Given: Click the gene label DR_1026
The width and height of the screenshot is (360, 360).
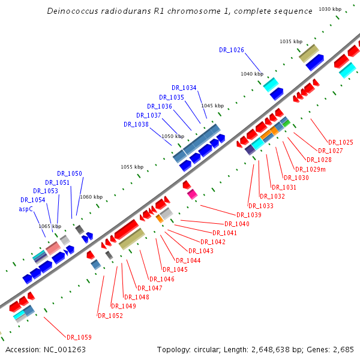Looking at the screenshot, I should click(231, 50).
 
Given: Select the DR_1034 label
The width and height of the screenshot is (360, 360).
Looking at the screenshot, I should click(184, 88).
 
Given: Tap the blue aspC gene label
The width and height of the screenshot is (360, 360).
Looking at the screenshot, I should click(26, 209).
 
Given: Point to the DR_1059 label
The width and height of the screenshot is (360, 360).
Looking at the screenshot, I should click(79, 337).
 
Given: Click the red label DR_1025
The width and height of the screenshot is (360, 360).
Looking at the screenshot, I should click(340, 142).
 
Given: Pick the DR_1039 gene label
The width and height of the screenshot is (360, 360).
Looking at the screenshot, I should click(248, 215).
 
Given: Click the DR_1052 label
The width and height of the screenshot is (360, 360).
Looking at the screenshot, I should click(110, 316).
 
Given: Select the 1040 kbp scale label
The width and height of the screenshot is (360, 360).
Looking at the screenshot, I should click(252, 74).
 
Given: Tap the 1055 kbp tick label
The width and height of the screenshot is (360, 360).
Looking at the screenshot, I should click(132, 167).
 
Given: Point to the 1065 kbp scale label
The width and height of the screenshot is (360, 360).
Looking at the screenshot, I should click(50, 226).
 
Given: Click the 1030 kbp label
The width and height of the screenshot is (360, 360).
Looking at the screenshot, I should click(330, 9).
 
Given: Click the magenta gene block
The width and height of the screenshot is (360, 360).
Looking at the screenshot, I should click(192, 194).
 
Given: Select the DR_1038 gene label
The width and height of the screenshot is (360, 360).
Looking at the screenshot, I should click(136, 124).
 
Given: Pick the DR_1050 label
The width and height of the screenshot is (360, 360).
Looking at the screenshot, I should click(70, 173).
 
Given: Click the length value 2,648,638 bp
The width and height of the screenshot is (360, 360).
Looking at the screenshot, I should click(270, 349).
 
